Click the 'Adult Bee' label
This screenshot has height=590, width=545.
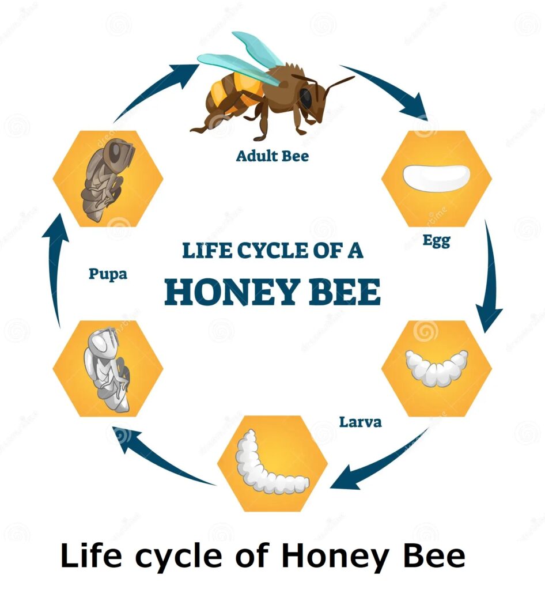(x=272, y=156)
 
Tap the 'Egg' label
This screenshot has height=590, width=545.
(x=436, y=240)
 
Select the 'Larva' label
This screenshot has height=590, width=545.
(x=360, y=422)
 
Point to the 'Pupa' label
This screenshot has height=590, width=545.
(x=108, y=273)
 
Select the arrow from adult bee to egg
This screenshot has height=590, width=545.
(x=392, y=89)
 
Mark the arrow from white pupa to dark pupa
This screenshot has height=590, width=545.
(x=55, y=271)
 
